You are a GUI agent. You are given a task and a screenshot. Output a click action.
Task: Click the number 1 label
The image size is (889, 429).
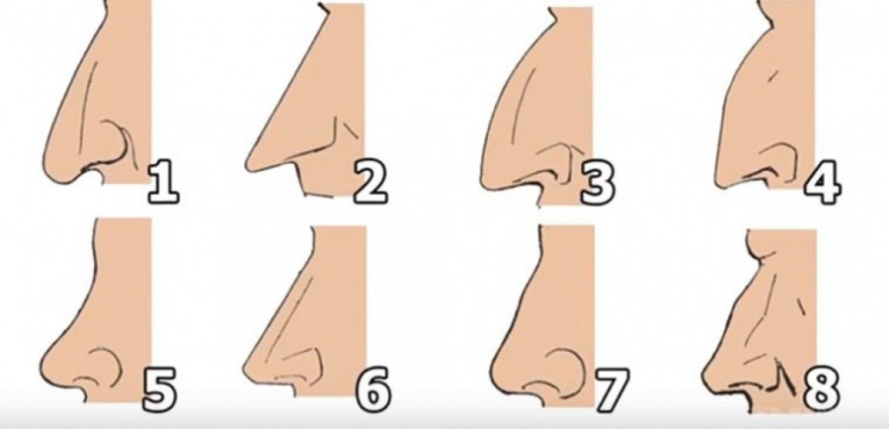pos(163,182)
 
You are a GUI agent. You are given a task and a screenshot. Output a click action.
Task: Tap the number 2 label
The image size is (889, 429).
pos(370,182)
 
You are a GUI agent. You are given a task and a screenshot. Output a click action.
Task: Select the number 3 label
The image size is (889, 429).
pos(598,183)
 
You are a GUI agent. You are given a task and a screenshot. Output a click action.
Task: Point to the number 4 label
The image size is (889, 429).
pos(822,182)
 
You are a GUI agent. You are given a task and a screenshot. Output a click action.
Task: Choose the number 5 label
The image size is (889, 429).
pos(159,389)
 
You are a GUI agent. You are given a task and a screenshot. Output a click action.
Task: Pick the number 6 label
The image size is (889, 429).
pos(373,389)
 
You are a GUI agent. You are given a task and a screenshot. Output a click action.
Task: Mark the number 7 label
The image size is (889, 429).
pos(611,390)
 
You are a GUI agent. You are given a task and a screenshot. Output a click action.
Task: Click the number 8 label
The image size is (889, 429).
pos(821,389)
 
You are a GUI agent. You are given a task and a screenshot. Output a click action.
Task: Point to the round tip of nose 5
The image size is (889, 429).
pos(45,365)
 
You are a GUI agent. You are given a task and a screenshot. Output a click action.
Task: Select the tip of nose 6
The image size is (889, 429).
pos(246,370)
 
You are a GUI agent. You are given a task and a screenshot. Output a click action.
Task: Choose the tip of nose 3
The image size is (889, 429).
pos(484,179)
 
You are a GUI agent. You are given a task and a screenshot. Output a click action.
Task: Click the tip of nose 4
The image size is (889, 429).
pos(719,178)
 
